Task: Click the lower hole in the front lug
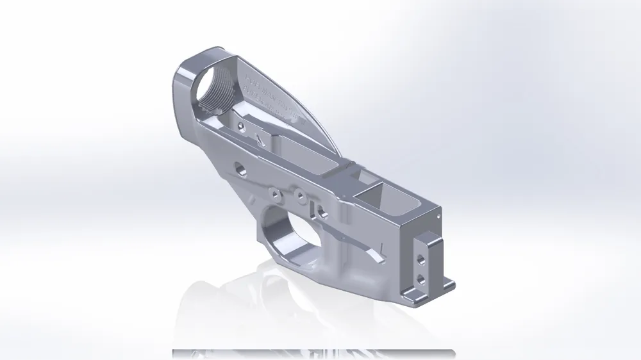click(420, 279)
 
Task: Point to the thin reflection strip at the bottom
click(313, 353)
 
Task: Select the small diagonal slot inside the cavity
click(259, 139)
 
